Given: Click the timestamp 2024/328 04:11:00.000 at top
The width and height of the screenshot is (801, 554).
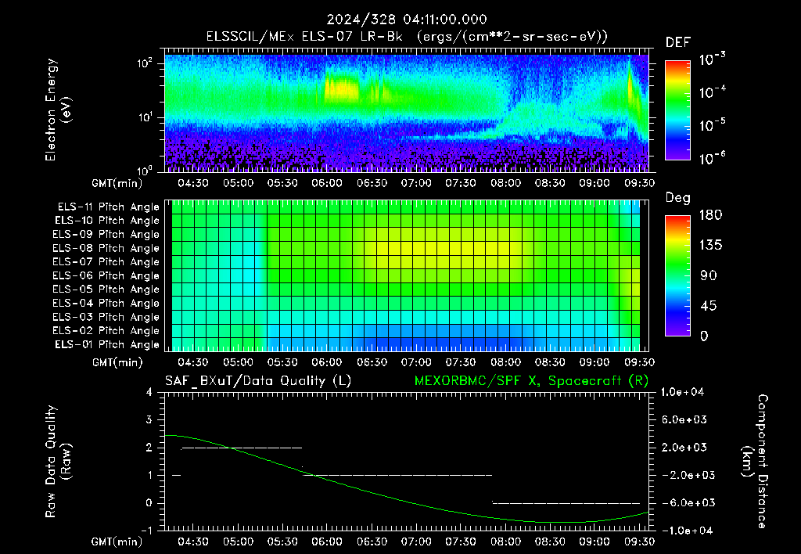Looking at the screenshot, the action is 406,20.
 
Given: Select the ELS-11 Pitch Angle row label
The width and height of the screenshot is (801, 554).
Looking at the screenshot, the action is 108,207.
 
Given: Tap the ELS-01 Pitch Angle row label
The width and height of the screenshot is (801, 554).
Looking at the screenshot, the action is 106,345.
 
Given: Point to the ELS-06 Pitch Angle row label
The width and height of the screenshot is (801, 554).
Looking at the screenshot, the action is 106,276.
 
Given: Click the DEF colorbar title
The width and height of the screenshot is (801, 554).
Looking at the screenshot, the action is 677,42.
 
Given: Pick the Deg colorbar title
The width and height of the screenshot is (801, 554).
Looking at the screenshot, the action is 677,198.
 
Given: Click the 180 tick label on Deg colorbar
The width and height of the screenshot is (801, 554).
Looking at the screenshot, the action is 710,215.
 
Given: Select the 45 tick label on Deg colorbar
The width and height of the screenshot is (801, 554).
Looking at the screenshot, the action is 707,306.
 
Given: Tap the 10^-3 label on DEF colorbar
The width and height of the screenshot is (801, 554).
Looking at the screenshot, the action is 712,59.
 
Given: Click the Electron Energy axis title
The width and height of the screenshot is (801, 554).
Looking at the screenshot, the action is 57,110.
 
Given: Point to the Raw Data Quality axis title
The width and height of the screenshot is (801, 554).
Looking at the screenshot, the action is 57,462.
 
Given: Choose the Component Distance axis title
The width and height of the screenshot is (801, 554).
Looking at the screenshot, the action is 755,462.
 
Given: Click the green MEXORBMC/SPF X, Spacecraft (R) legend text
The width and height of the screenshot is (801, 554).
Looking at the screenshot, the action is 531,381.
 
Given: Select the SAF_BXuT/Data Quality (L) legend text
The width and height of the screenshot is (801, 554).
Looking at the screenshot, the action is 258,381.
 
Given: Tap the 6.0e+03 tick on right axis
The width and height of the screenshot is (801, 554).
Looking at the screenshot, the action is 684,419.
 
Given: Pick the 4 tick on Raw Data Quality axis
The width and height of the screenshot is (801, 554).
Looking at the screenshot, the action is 149,393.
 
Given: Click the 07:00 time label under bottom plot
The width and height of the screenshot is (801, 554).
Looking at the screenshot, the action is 416,541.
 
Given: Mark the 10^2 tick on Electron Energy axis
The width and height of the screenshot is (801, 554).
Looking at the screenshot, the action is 145,64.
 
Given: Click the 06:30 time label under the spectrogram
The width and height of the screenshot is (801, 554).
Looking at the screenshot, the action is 372,183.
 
